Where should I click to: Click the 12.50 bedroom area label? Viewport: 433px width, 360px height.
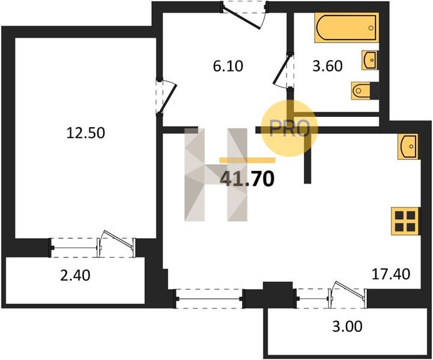coord(86,133)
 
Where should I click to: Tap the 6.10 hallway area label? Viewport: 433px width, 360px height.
coord(228,66)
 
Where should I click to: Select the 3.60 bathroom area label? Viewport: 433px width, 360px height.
coord(327,66)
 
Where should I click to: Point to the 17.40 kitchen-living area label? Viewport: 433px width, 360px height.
coord(391,274)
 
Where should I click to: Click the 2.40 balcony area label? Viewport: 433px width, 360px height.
coord(75,275)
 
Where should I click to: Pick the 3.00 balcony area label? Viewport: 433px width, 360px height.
coord(347,326)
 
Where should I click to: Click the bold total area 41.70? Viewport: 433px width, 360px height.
coord(247,178)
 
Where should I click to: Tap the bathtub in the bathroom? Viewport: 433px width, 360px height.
coord(347,28)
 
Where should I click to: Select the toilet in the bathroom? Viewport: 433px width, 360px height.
coord(365,91)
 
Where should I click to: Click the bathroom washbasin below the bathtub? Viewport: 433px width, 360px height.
coord(369,60)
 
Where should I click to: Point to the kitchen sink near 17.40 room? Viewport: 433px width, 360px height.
coord(408,147)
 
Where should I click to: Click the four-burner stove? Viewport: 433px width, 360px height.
coord(405,221)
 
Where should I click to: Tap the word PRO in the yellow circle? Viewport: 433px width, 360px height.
coord(289,128)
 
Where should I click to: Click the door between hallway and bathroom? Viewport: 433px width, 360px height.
coord(283,70)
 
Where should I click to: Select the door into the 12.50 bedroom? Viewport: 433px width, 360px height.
coord(166,96)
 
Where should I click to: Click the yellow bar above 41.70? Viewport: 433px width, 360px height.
coord(247,160)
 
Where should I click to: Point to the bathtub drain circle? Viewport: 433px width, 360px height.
coord(371,28)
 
